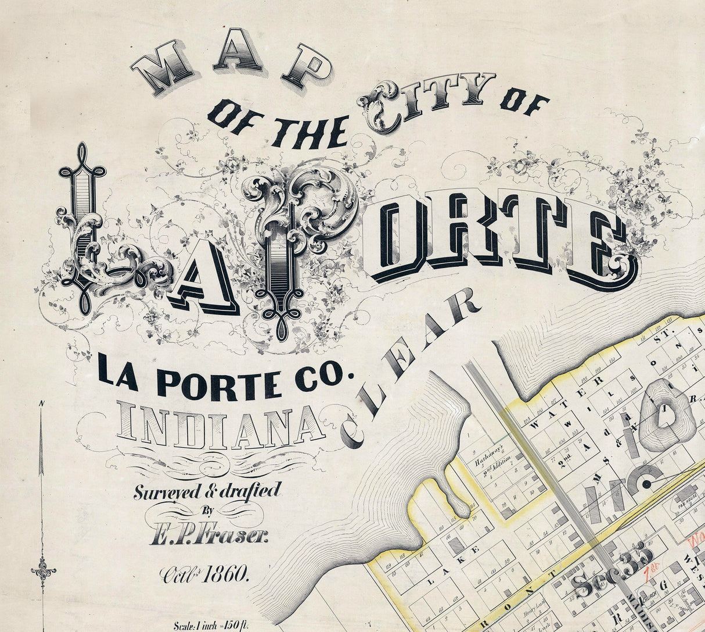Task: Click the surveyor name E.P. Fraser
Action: coord(209,533)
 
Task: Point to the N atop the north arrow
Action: coord(41,404)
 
